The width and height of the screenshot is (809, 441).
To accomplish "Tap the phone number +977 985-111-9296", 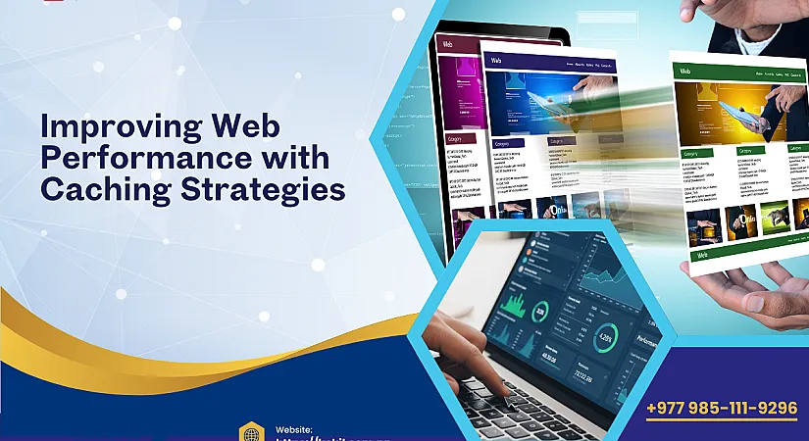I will [721, 408].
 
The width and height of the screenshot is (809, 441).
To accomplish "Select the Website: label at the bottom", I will [294, 429].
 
